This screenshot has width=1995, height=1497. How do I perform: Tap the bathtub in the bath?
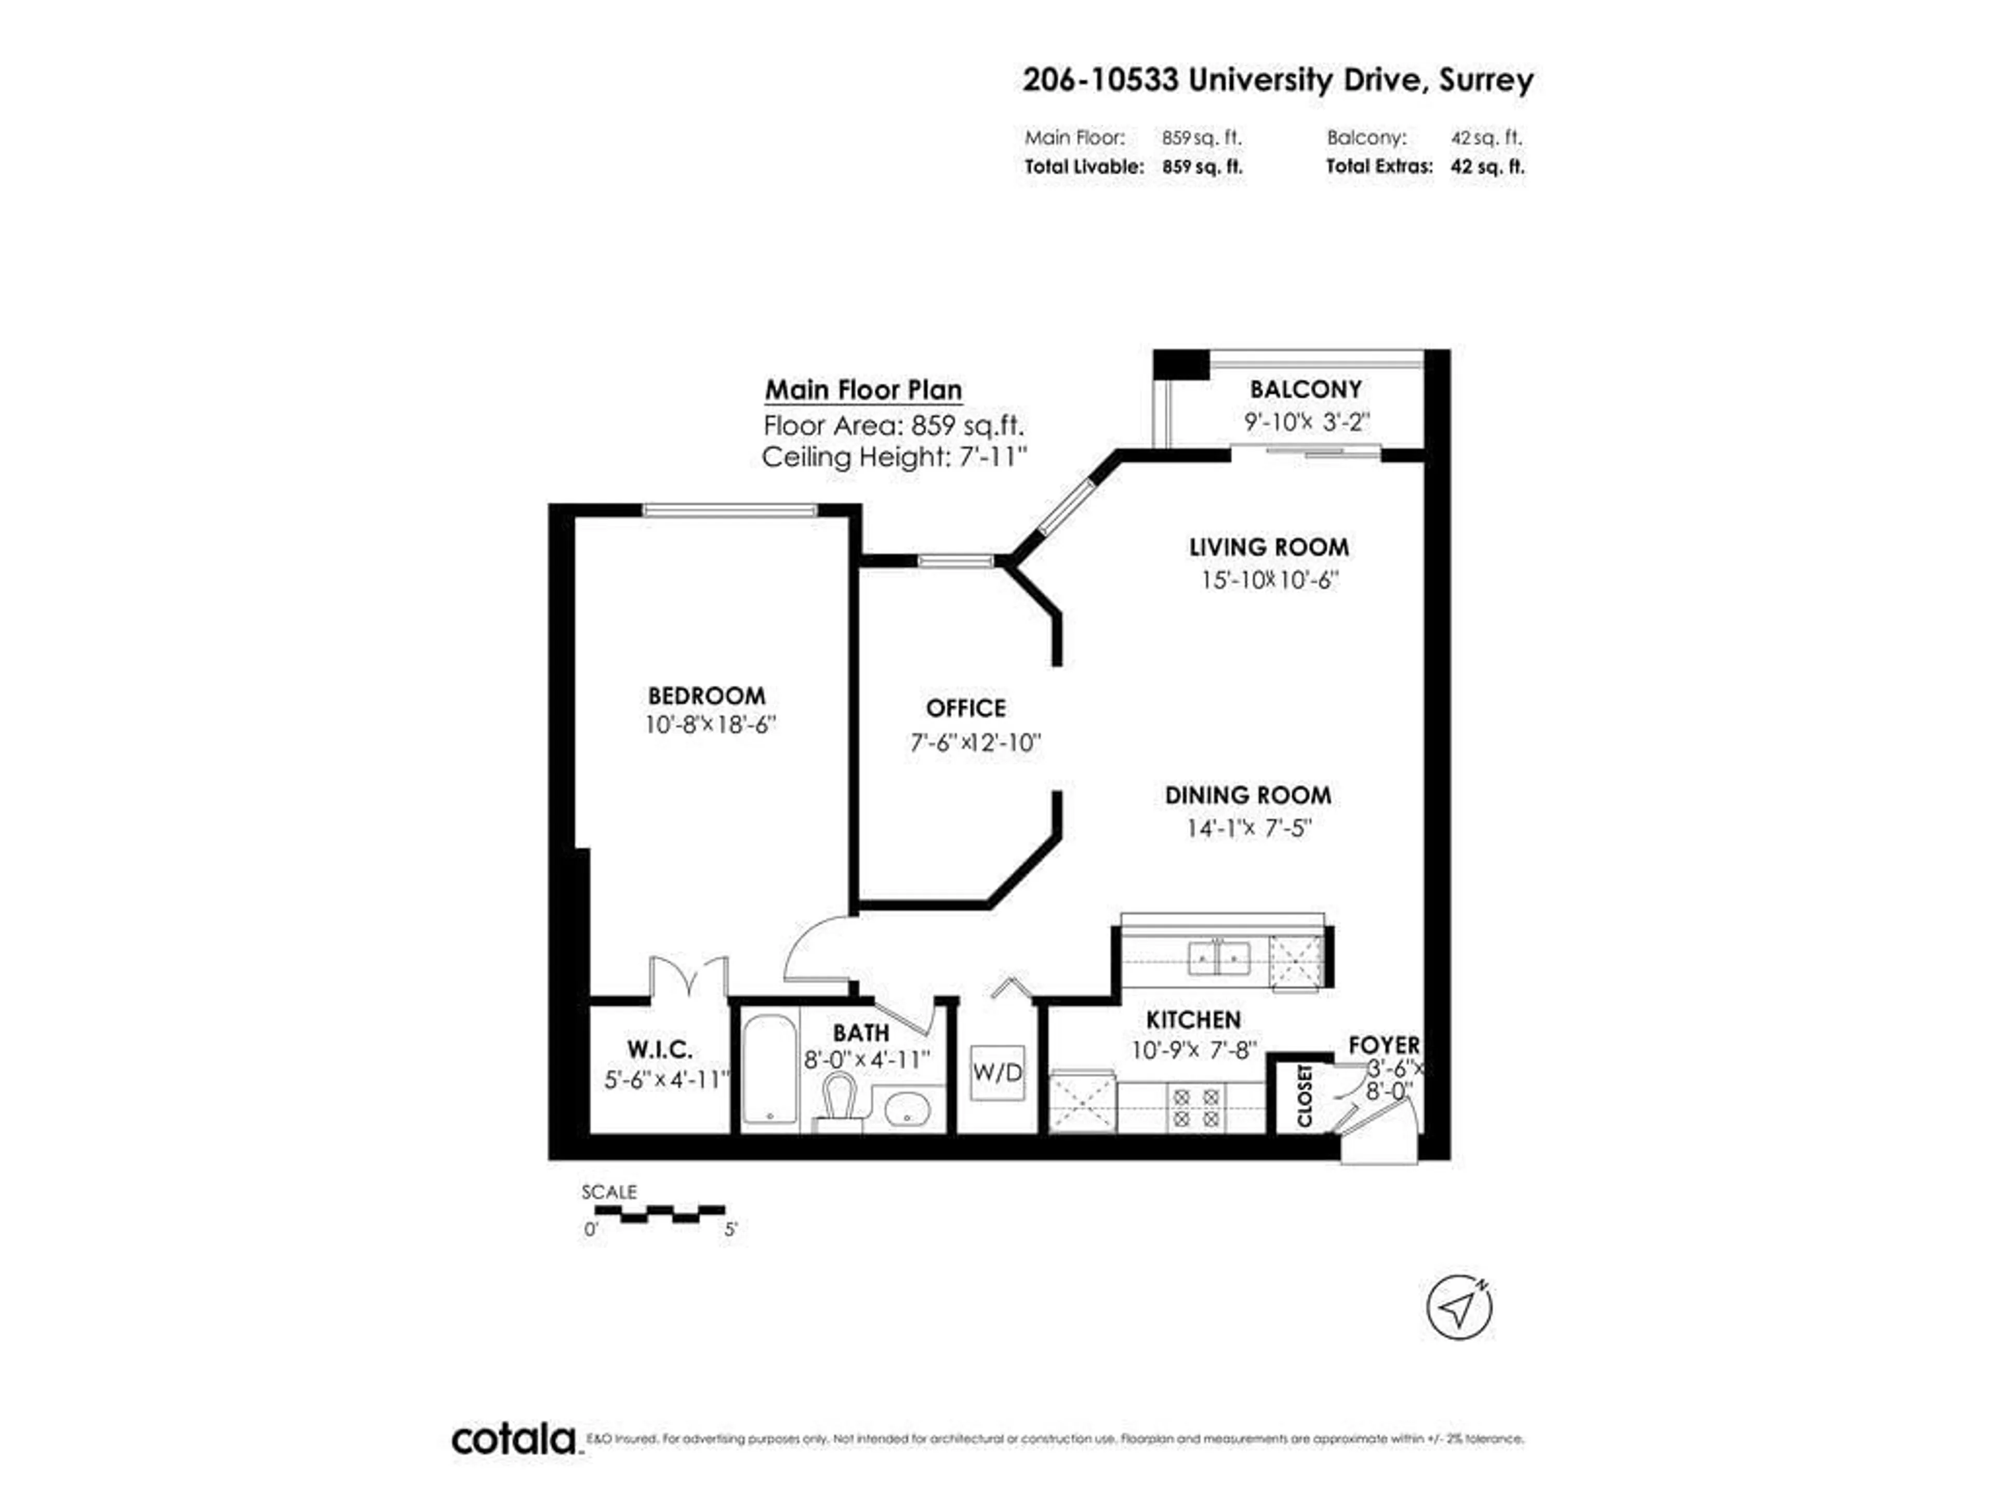coord(769,1070)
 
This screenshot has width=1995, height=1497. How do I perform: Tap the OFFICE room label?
coord(965,708)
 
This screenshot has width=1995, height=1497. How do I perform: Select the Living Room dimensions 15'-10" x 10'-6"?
coord(1269,580)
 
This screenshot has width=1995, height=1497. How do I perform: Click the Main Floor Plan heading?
coord(863,390)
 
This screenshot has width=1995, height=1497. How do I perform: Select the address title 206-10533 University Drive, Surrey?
coord(1277,81)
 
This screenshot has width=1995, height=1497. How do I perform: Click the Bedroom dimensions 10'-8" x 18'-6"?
coord(710,725)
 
